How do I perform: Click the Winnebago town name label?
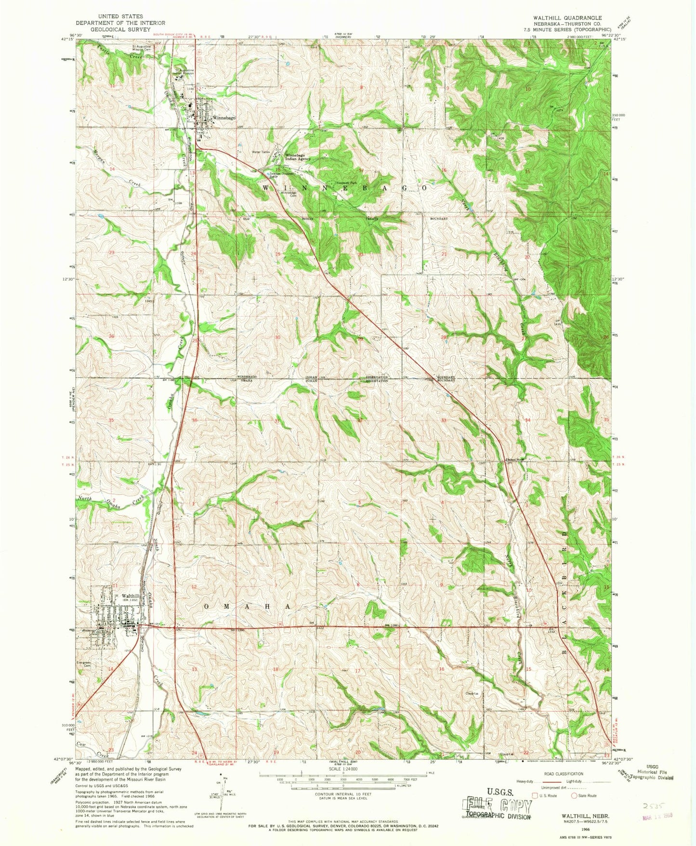tap(224, 118)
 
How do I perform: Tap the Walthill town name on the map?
tap(131, 596)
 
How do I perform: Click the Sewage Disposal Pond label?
tap(281, 175)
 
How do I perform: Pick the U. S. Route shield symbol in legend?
tap(534, 809)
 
